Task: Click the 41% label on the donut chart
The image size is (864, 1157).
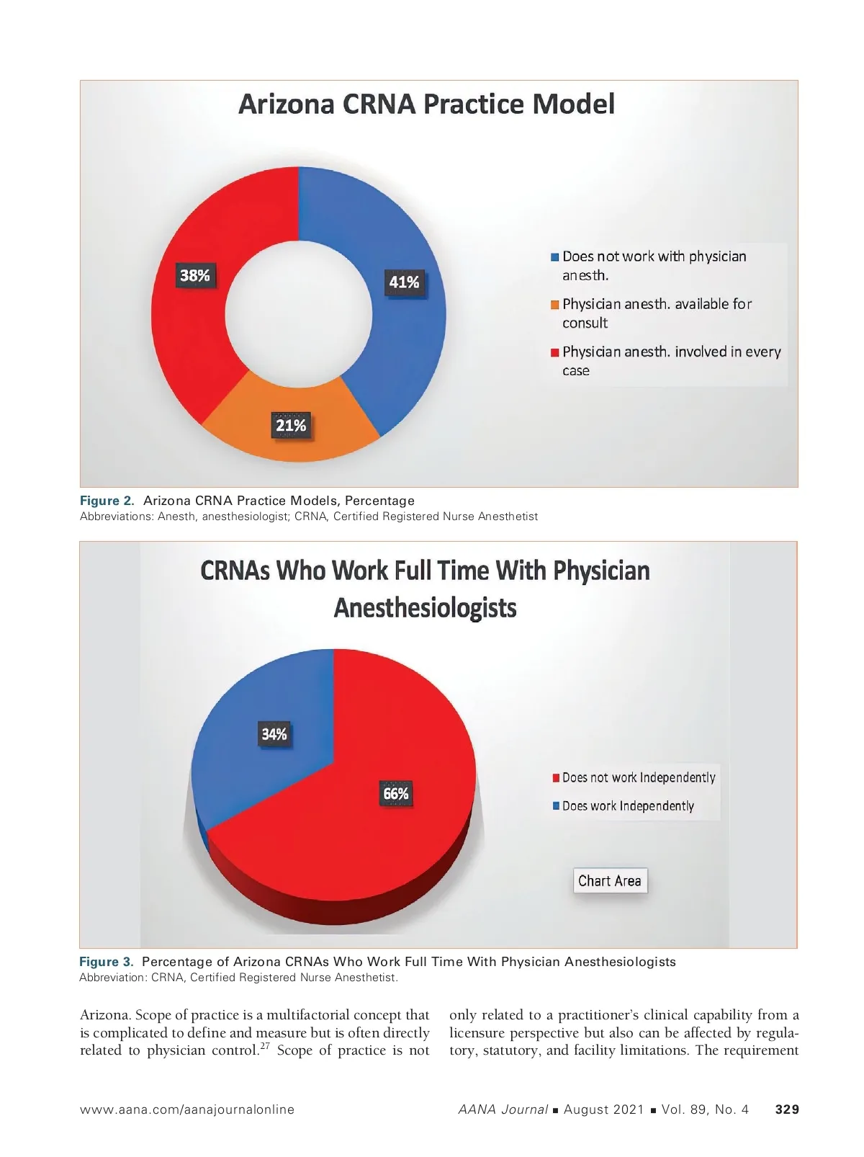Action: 404,282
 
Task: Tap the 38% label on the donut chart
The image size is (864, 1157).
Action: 195,276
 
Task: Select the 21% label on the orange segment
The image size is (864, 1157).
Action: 291,426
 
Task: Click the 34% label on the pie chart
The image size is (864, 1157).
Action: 274,734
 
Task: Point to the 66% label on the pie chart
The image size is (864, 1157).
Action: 396,794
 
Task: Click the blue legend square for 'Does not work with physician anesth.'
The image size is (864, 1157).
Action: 555,257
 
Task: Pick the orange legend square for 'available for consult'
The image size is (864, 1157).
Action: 555,305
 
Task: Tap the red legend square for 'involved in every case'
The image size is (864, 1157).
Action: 555,352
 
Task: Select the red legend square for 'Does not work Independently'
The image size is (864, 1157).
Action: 556,778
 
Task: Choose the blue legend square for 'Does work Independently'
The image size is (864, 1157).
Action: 556,806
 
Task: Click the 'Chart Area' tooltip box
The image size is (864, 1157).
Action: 610,880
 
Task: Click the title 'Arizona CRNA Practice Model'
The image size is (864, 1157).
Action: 426,104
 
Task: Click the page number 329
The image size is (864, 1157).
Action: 787,1109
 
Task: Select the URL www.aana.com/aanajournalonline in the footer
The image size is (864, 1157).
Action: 187,1109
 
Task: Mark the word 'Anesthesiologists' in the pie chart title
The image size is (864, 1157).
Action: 425,608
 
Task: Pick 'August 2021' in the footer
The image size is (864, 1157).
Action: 603,1109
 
